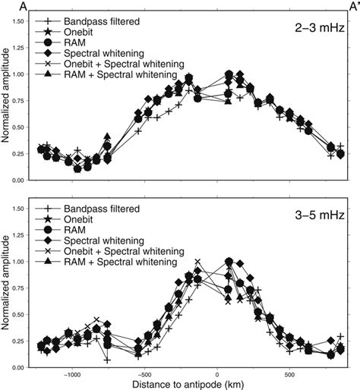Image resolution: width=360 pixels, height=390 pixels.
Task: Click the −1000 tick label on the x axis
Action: tap(72, 374)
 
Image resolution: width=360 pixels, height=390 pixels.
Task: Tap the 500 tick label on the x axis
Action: tap(289, 374)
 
